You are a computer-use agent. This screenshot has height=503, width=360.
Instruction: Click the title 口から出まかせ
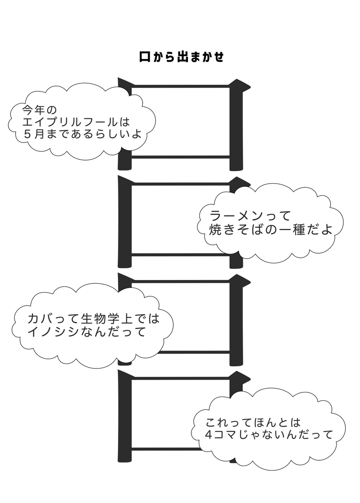point(181,57)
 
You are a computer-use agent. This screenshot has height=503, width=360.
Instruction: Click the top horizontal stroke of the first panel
point(180,86)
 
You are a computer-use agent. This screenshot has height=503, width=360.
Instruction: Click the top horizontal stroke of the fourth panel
point(180,378)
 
